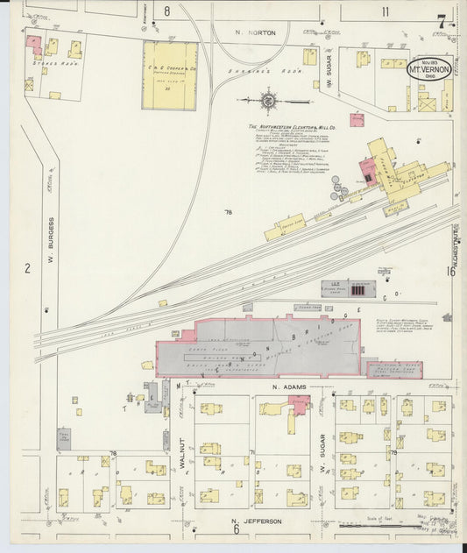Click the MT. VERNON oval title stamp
coord(429,68)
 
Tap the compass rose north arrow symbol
coord(266,101)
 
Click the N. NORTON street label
coord(255,32)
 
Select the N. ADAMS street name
coord(287,386)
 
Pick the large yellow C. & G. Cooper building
coord(170,75)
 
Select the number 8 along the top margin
coord(166,11)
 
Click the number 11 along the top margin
coord(385,11)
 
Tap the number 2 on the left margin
coord(27,268)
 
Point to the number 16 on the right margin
coord(450,272)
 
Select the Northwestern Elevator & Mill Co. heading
coord(292,127)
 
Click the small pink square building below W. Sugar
coord(357,120)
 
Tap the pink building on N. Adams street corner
coord(300,403)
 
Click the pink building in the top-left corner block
coord(35,43)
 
